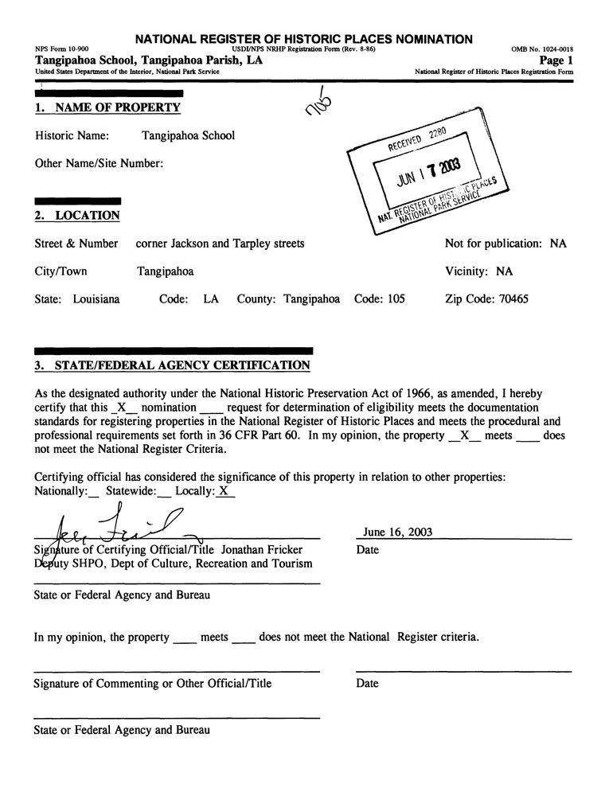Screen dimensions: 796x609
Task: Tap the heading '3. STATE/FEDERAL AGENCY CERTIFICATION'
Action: pyautogui.click(x=172, y=366)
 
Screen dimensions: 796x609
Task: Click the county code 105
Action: pyautogui.click(x=394, y=300)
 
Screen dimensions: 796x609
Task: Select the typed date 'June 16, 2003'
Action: pyautogui.click(x=398, y=533)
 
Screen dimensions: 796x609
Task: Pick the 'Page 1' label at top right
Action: pyautogui.click(x=556, y=60)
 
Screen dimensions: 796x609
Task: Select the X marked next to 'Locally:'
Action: pyautogui.click(x=225, y=492)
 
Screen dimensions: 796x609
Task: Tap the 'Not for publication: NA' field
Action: pyautogui.click(x=506, y=244)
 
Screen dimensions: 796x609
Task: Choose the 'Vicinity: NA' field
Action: pyautogui.click(x=478, y=271)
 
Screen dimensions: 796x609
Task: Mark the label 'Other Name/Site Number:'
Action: pyautogui.click(x=100, y=164)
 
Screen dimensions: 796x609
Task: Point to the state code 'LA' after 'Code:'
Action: pyautogui.click(x=211, y=300)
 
